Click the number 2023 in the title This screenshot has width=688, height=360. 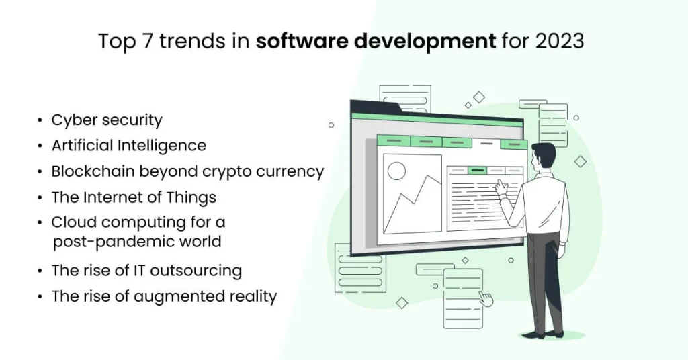(x=560, y=41)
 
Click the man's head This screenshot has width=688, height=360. (x=543, y=156)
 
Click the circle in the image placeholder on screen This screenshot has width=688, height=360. (x=396, y=171)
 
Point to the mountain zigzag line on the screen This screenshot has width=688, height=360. (x=410, y=201)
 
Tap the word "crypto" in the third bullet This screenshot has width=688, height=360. (x=232, y=171)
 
